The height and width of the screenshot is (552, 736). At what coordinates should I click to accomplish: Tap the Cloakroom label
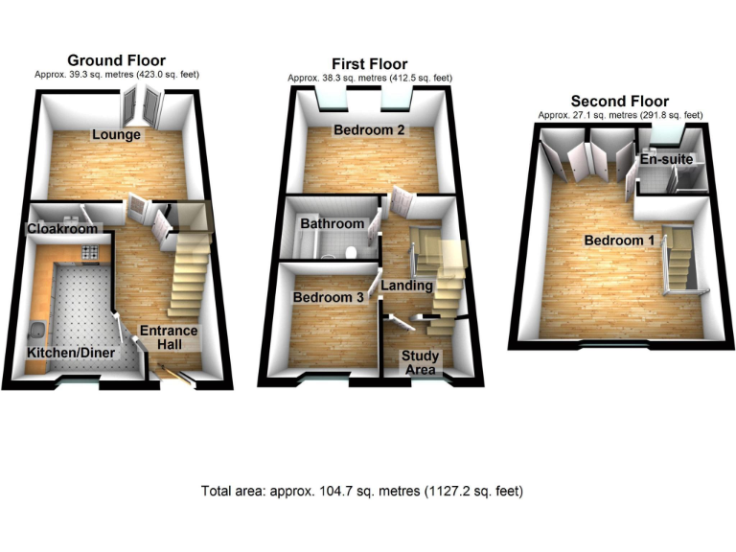63,230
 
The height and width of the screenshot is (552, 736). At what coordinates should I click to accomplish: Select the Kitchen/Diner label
71,354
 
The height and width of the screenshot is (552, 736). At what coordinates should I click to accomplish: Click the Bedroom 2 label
369,130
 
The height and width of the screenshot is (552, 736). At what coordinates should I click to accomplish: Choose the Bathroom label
333,224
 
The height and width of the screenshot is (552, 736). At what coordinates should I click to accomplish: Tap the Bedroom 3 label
329,298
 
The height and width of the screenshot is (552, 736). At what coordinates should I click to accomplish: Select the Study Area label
421,363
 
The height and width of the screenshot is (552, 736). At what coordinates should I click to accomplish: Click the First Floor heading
370,64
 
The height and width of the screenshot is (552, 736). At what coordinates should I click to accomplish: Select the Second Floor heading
619,101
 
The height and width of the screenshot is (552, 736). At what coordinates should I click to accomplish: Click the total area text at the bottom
362,492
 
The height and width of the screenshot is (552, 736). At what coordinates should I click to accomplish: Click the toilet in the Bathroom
353,253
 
